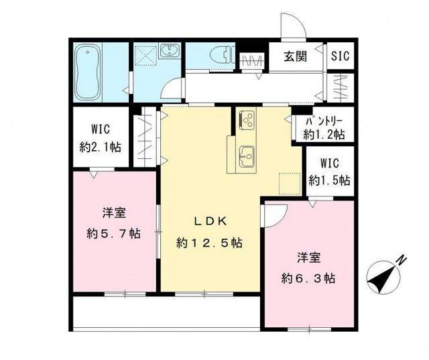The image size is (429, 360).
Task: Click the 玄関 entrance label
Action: (x=295, y=56)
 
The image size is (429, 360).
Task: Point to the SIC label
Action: (x=339, y=56)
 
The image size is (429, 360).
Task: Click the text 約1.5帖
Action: (x=328, y=180)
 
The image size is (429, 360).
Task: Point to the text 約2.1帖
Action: (x=97, y=145)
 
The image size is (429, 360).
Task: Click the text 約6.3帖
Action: (x=308, y=277)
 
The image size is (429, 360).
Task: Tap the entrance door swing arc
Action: (x=293, y=27)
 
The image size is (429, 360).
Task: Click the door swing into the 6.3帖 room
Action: (x=275, y=216)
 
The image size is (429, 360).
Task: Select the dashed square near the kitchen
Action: (x=289, y=182)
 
